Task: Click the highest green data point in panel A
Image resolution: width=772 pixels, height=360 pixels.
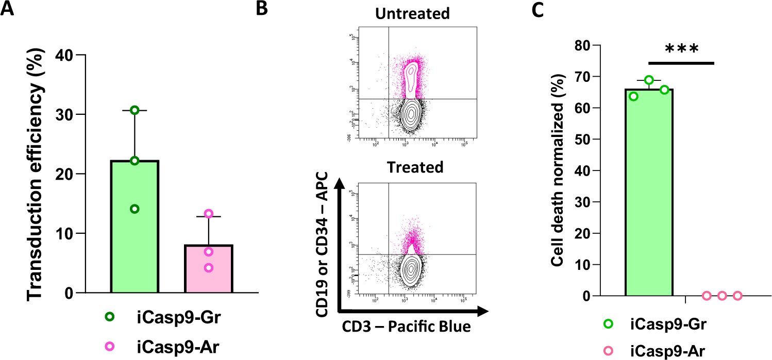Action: (x=135, y=110)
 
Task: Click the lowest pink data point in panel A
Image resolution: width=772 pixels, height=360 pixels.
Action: (x=208, y=268)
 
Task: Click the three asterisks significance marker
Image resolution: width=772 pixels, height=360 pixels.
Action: (x=681, y=50)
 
